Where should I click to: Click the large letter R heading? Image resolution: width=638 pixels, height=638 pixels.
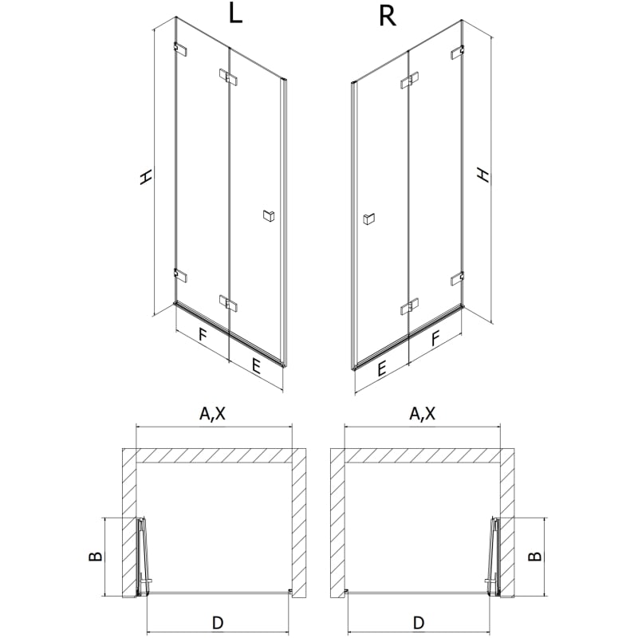(388, 16)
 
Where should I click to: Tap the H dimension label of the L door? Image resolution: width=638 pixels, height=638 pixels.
(146, 176)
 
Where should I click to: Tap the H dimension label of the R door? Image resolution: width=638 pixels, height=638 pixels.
(483, 174)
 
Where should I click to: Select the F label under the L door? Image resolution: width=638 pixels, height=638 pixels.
(203, 335)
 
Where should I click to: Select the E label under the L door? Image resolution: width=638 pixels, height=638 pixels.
(256, 366)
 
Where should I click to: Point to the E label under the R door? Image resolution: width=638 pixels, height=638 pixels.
(381, 369)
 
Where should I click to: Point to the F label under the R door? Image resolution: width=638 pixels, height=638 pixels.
(435, 338)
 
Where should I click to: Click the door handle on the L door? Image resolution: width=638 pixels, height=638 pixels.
(269, 215)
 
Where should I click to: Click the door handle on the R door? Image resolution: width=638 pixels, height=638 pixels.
(368, 219)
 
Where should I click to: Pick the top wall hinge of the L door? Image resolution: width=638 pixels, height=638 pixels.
(181, 49)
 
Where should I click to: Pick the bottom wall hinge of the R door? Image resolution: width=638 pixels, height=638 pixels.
(457, 278)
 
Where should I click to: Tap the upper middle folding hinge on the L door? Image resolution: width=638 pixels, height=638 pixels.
(228, 77)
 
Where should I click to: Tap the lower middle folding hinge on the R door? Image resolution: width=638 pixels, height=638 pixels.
(409, 307)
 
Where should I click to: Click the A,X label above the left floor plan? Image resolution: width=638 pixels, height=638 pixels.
(212, 413)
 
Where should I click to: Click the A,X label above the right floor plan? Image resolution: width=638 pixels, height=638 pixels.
(422, 413)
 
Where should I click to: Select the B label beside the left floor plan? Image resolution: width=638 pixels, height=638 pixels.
(95, 556)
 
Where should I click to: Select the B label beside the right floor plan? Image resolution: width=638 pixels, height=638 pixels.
(534, 556)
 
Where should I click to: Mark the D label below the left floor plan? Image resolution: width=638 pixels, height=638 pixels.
(218, 623)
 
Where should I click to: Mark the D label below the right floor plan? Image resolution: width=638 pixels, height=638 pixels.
(419, 623)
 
